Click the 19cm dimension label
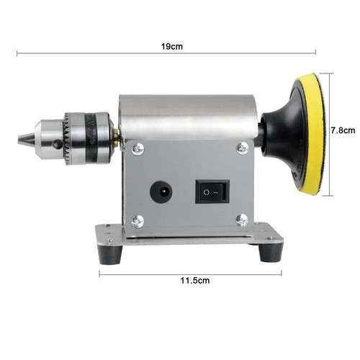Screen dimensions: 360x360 (x=172, y=45)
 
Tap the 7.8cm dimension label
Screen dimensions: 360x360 (x=342, y=131)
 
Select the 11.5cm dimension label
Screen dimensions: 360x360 (x=192, y=280)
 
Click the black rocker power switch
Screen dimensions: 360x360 (x=212, y=192)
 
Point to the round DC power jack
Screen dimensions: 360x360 (x=160, y=191)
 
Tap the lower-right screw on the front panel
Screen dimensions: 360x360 (x=243, y=220)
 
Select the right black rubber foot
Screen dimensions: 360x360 (x=271, y=252)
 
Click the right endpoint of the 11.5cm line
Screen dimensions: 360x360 (x=282, y=273)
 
